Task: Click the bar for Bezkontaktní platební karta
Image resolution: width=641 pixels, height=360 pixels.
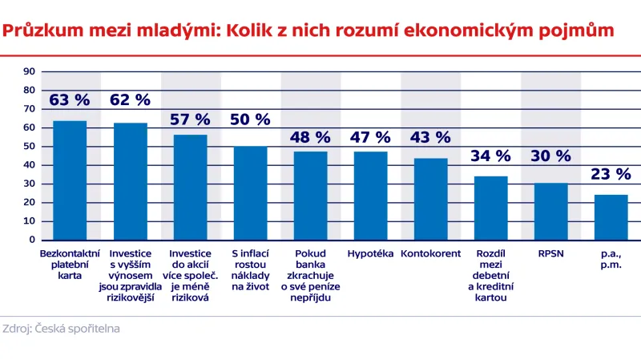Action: (70, 180)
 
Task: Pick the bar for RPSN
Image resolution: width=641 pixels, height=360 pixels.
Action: (550, 212)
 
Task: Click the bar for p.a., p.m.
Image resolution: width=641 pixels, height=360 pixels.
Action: (611, 217)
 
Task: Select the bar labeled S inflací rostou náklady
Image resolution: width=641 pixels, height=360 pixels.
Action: (250, 193)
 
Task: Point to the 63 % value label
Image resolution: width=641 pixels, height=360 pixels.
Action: (70, 100)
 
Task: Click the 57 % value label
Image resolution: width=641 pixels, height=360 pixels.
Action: (190, 119)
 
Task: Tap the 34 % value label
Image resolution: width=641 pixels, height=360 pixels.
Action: (490, 156)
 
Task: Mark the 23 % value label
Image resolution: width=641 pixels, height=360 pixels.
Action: (611, 174)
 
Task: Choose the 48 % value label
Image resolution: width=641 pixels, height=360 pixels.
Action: (310, 137)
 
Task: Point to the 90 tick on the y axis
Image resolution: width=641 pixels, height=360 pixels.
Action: (30, 71)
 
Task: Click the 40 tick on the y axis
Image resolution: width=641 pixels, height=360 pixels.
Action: (30, 165)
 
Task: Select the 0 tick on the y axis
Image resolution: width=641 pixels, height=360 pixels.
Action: (33, 240)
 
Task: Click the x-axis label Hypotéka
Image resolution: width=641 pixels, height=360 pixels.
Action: (370, 254)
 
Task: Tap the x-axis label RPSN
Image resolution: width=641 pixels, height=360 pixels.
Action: (550, 254)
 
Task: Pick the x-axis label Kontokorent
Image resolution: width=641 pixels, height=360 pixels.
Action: (430, 254)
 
